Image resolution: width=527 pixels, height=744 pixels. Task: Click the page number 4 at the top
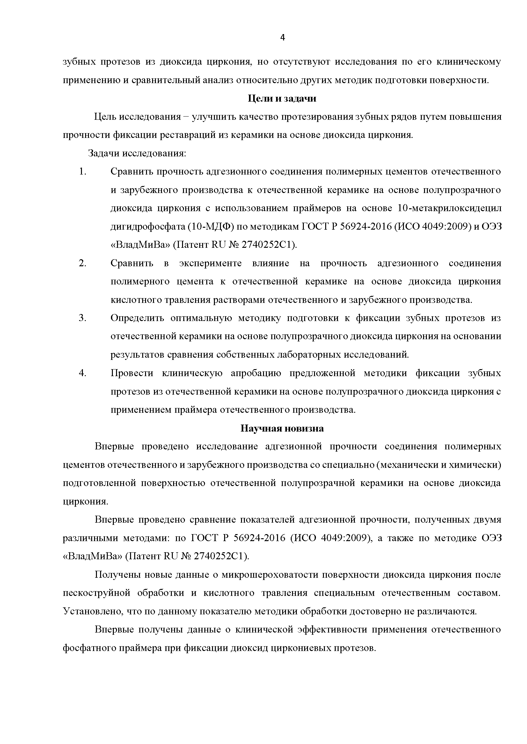282,38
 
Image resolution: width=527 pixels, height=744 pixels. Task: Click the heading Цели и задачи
282,98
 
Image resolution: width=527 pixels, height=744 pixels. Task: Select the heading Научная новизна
282,429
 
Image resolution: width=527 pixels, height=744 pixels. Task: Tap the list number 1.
83,171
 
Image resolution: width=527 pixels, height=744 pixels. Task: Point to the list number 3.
83,318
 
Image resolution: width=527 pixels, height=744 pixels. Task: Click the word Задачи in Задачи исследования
103,153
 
